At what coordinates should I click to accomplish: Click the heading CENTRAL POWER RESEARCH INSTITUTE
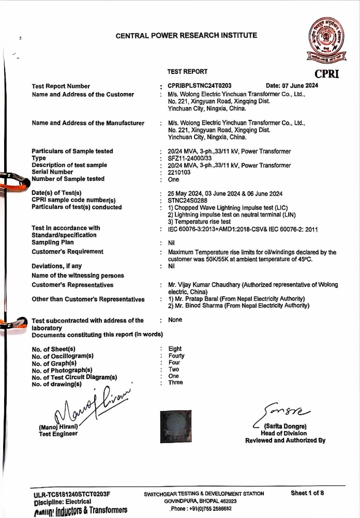click(186, 36)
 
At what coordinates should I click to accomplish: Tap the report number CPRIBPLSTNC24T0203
click(200, 86)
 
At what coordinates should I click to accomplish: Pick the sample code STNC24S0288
click(187, 200)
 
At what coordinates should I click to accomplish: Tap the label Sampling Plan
click(52, 242)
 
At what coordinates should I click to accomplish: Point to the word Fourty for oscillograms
click(176, 356)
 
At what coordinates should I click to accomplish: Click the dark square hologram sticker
click(175, 426)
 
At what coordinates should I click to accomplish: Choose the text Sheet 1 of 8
click(308, 493)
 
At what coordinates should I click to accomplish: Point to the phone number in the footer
click(201, 509)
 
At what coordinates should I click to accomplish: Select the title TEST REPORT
click(188, 72)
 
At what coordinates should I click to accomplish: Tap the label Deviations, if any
click(57, 266)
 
